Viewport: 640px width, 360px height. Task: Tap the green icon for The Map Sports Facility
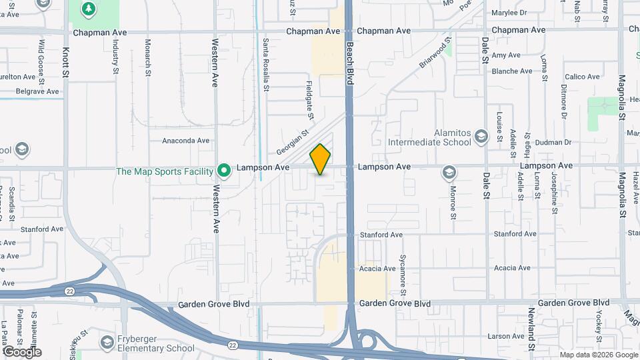pyautogui.click(x=225, y=171)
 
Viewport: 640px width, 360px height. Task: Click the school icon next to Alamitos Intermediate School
pyautogui.click(x=481, y=137)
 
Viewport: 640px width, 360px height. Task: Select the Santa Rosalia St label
pyautogui.click(x=266, y=64)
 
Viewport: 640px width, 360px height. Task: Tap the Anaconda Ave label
pyautogui.click(x=186, y=141)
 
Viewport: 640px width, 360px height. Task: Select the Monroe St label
pyautogui.click(x=453, y=203)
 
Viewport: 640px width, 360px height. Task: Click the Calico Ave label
pyautogui.click(x=582, y=77)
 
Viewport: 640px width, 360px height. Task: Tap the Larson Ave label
pyautogui.click(x=506, y=337)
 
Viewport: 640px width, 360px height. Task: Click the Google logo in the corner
pyautogui.click(x=21, y=351)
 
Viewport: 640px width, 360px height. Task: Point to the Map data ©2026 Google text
pyautogui.click(x=598, y=355)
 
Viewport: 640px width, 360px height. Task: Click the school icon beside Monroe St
pyautogui.click(x=449, y=173)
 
